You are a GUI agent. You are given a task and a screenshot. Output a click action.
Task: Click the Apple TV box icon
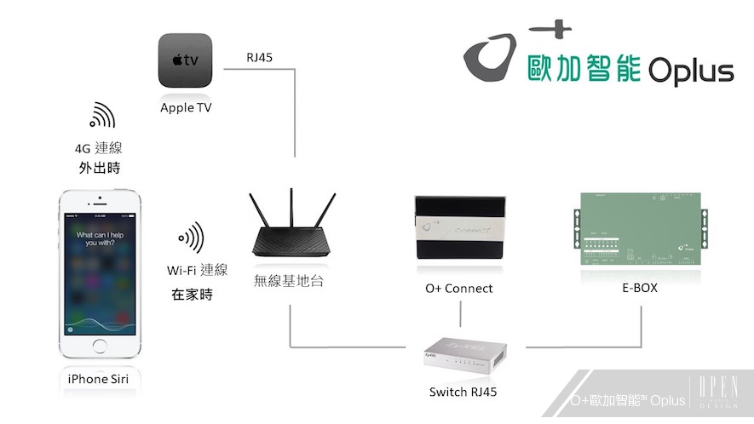tap(185, 60)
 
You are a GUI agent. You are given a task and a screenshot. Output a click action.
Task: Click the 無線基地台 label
tap(289, 280)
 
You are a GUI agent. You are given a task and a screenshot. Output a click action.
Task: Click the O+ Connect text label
tap(459, 289)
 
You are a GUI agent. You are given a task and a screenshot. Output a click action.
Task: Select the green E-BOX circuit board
tap(639, 229)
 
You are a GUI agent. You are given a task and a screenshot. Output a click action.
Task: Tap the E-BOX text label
tap(639, 288)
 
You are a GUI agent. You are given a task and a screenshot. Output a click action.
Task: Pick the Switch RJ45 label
tap(463, 392)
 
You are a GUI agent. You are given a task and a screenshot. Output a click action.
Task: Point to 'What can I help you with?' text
tap(101, 238)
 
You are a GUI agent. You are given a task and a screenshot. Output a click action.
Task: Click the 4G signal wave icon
tap(101, 115)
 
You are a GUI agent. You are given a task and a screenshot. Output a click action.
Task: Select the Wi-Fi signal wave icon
tap(191, 238)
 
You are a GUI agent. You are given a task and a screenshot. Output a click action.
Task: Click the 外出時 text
tap(99, 168)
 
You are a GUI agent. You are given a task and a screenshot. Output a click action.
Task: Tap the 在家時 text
tap(192, 295)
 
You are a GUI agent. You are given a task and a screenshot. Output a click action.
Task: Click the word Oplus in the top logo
tap(690, 72)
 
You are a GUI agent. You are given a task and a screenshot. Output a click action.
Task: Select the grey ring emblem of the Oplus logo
tap(489, 61)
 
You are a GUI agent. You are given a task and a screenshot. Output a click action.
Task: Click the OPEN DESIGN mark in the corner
tap(718, 394)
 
